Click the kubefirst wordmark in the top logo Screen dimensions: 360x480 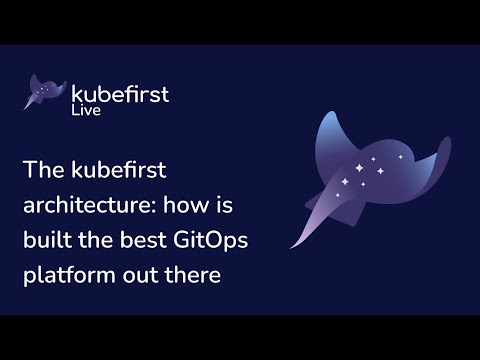point(120,94)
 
